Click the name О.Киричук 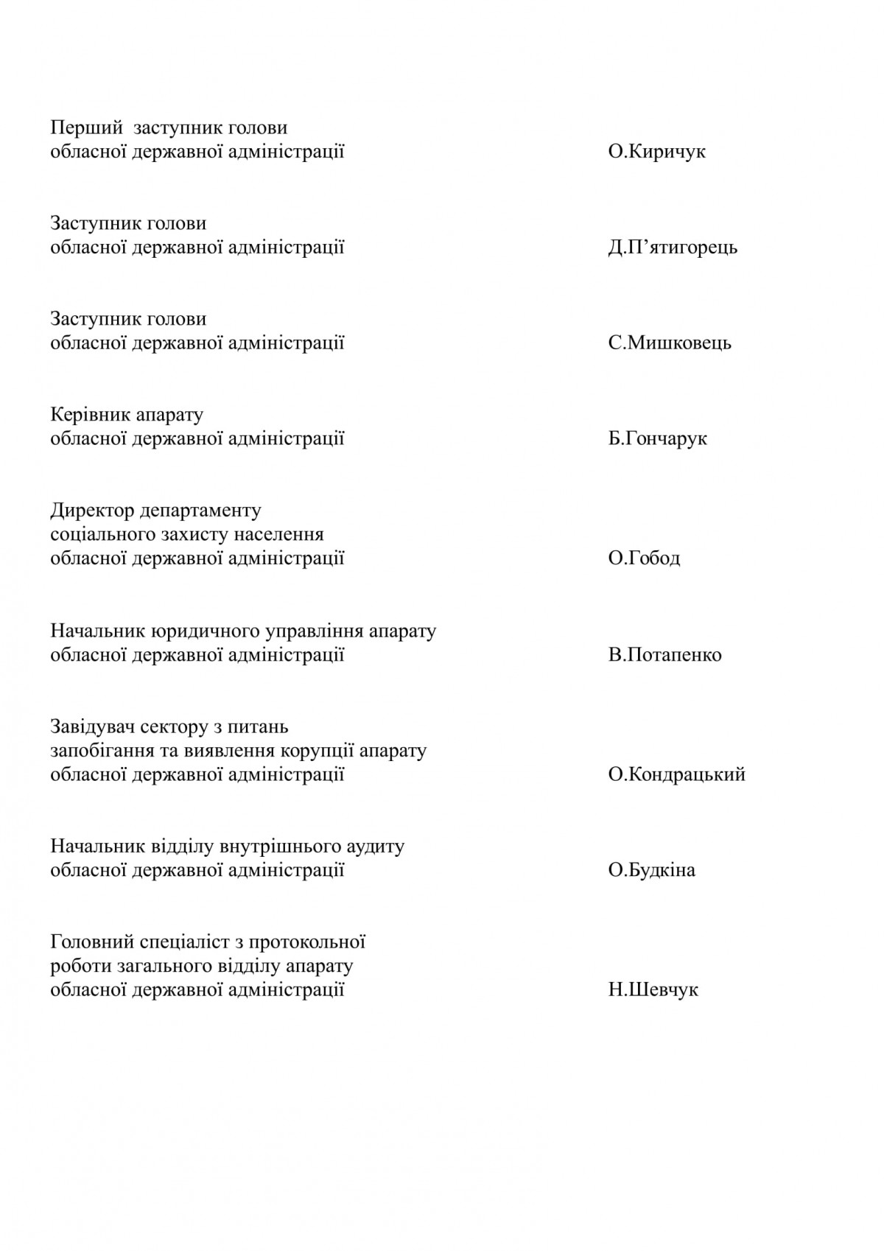[x=657, y=153]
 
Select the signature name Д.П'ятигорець [x=673, y=248]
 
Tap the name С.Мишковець [x=670, y=343]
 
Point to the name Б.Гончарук [x=658, y=439]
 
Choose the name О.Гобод [x=645, y=558]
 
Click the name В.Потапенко [x=665, y=655]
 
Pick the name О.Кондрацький [x=677, y=774]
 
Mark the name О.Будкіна [x=652, y=871]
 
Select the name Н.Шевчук [x=653, y=990]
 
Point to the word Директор [x=92, y=511]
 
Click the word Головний [x=92, y=942]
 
